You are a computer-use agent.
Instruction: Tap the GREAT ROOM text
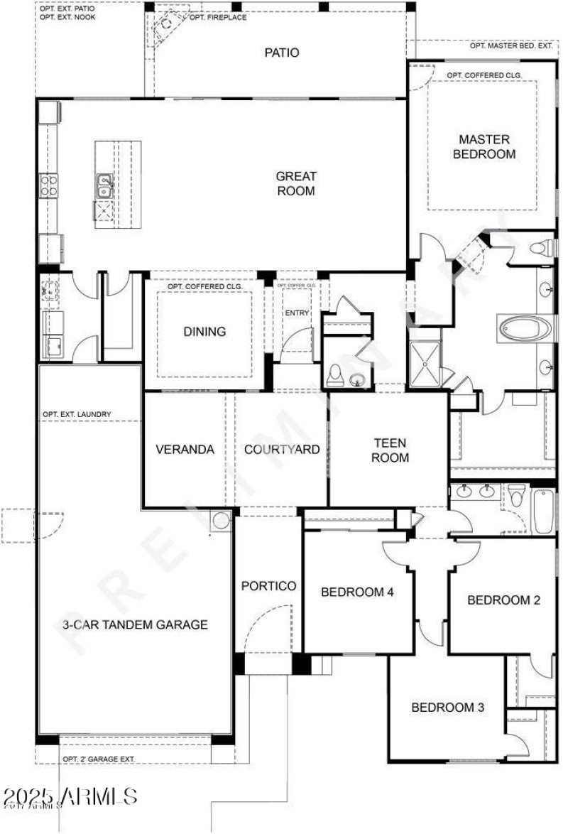click(296, 183)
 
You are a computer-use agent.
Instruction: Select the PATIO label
click(282, 53)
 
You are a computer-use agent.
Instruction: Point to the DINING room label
click(204, 331)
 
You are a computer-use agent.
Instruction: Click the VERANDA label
click(185, 450)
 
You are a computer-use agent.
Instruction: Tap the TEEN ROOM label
click(390, 450)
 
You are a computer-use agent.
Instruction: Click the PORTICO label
click(268, 586)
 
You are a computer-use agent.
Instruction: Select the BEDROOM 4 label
click(357, 592)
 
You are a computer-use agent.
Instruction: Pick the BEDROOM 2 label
click(503, 600)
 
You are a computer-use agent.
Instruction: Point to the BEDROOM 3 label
click(448, 707)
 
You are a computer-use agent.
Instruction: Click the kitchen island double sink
click(104, 186)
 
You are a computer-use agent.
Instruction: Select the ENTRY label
click(297, 313)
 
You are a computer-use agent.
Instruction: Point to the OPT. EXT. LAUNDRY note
click(76, 414)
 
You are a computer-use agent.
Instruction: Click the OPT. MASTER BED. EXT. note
click(510, 46)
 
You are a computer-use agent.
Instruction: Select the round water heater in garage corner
click(221, 520)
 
